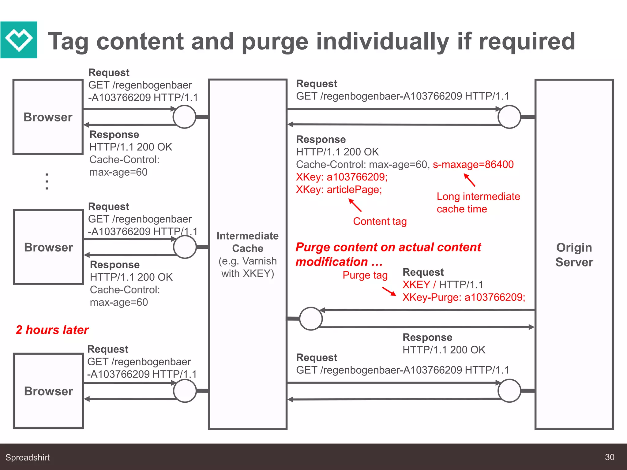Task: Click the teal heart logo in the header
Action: click(x=19, y=40)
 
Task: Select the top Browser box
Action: click(x=48, y=117)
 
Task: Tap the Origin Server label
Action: click(x=574, y=255)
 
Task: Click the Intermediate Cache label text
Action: click(x=247, y=242)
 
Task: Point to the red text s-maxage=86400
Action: click(x=473, y=165)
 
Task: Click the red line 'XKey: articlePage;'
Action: click(x=339, y=190)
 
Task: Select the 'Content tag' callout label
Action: click(x=380, y=221)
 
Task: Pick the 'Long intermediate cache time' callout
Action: click(x=478, y=203)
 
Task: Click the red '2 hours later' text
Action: click(x=52, y=330)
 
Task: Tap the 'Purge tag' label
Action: click(x=365, y=275)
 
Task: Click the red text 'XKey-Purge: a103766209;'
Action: click(x=464, y=297)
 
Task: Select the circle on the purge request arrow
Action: click(x=311, y=319)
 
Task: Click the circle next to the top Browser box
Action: click(x=184, y=117)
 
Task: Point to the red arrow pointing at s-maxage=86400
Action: click(x=469, y=180)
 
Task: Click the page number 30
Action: click(x=609, y=457)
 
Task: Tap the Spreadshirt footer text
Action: click(x=28, y=457)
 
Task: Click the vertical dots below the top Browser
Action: click(x=47, y=181)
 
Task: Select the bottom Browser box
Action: click(x=48, y=391)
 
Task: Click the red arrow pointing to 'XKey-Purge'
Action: click(x=389, y=291)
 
